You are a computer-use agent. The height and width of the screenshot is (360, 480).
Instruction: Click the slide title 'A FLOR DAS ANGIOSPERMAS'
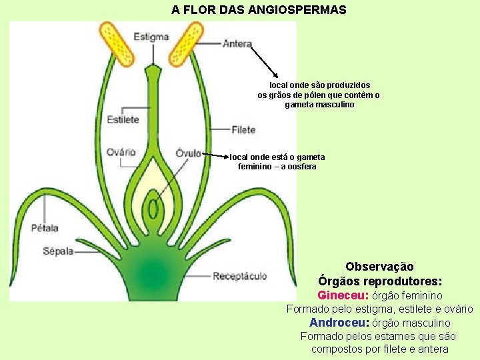259,10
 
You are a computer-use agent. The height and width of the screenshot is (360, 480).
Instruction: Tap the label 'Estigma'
151,37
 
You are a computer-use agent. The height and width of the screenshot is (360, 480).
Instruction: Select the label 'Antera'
237,44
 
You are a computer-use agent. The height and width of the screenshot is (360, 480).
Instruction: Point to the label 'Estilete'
123,120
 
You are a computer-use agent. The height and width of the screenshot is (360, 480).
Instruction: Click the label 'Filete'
243,129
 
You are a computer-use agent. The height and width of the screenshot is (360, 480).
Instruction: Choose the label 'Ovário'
121,153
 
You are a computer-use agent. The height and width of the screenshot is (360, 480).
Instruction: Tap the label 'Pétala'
45,228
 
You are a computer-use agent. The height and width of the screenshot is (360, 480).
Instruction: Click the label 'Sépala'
59,251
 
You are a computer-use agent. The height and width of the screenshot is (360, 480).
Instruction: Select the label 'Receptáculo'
240,276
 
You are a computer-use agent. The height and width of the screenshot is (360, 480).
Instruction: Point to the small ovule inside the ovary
153,209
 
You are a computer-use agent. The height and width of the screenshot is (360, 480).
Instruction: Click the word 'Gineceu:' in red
343,295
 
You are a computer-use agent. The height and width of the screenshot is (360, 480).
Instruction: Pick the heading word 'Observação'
380,267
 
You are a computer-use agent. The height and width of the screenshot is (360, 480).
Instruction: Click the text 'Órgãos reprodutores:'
380,281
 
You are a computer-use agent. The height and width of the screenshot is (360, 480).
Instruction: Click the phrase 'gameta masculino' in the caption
320,105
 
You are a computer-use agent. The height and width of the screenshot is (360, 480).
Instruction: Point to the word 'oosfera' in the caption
301,166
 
